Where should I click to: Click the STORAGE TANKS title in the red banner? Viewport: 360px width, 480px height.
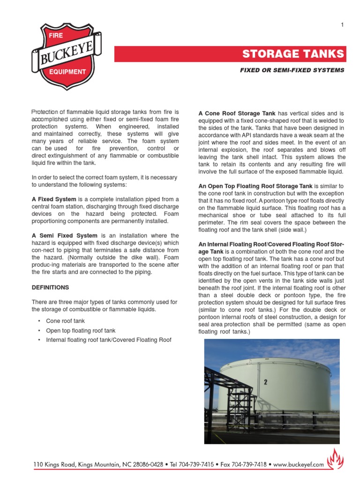293,54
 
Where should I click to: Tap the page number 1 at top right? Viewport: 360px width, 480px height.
342,25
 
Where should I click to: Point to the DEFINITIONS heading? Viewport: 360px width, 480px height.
50,287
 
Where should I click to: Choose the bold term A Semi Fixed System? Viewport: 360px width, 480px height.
65,235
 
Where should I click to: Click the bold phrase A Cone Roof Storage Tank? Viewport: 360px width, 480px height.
237,113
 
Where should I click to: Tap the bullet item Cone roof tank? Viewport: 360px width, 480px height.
65,321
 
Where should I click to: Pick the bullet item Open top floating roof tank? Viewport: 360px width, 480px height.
80,330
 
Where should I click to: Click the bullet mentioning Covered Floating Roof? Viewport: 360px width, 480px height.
108,340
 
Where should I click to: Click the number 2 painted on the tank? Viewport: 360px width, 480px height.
265,382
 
